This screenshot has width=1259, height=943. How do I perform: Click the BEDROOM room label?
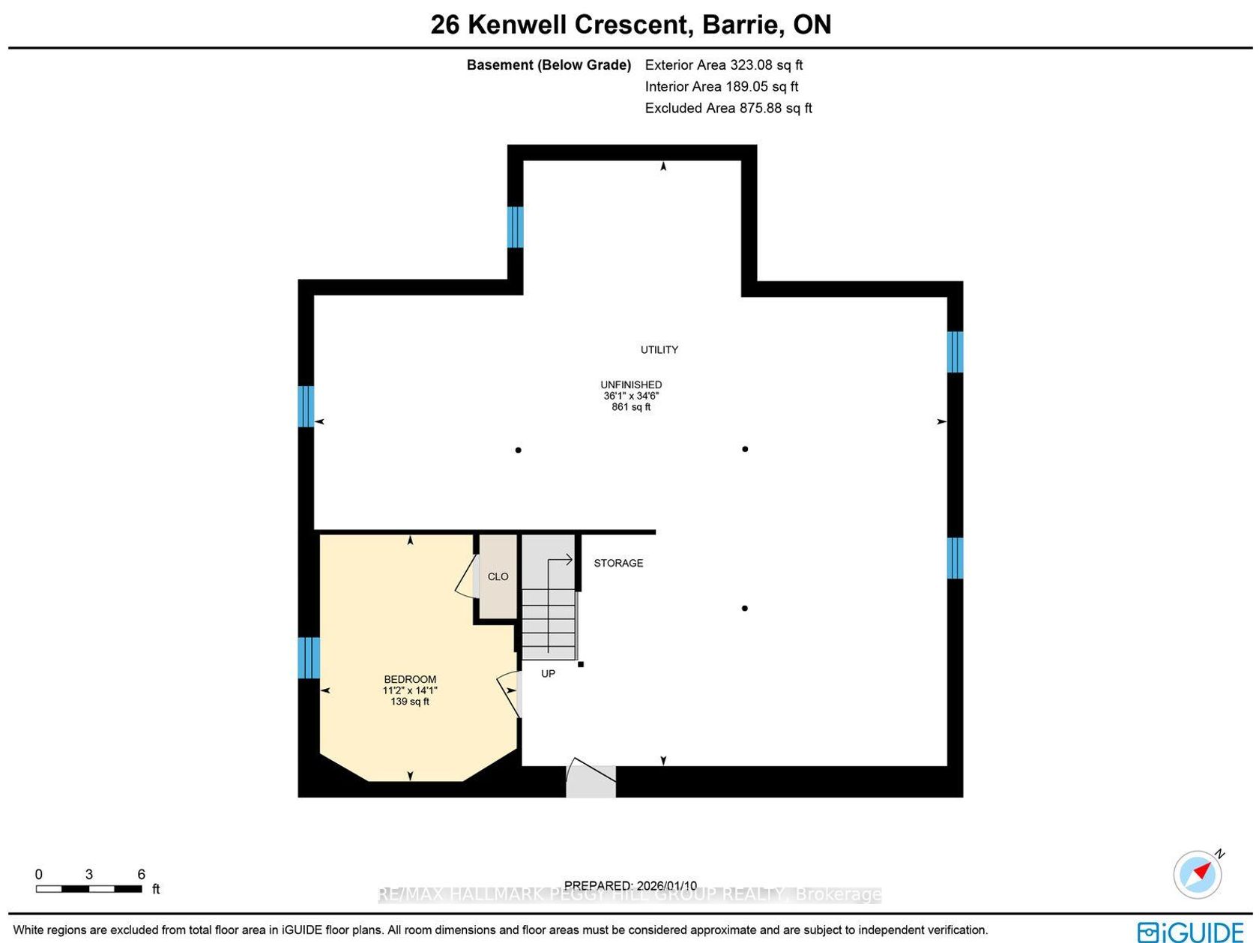click(x=409, y=679)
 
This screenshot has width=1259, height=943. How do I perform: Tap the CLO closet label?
click(x=498, y=576)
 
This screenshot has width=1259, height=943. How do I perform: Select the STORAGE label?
click(x=618, y=563)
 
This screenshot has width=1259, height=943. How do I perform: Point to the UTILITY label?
click(x=659, y=350)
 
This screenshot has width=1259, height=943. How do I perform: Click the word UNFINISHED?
click(x=631, y=385)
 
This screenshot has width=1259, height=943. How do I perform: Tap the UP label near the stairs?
click(x=548, y=673)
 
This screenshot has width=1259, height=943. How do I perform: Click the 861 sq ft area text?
click(x=631, y=407)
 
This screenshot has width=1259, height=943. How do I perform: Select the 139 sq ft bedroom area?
click(x=409, y=701)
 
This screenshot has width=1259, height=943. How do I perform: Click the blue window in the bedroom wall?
click(x=309, y=657)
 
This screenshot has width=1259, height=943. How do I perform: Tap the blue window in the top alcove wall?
click(x=515, y=227)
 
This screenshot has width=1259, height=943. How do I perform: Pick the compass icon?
click(x=1197, y=875)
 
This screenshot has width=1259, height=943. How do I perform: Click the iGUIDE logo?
click(x=1190, y=932)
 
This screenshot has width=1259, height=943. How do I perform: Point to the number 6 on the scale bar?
click(x=141, y=874)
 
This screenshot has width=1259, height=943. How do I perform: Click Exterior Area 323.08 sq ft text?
click(x=724, y=64)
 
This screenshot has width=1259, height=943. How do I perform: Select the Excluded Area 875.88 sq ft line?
click(x=728, y=108)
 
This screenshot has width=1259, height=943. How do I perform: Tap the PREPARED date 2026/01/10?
click(x=630, y=885)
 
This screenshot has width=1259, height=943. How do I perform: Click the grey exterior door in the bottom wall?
click(x=591, y=781)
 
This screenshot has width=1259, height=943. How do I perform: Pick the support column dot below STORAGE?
click(x=744, y=608)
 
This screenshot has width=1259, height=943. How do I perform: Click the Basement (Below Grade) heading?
click(x=549, y=64)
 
